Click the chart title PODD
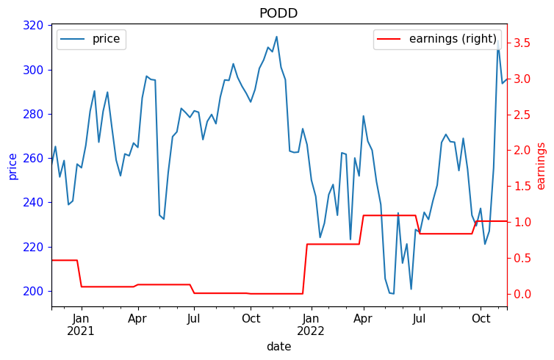pyautogui.click(x=278, y=13)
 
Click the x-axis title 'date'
pyautogui.click(x=278, y=347)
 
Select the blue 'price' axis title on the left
pyautogui.click(x=12, y=166)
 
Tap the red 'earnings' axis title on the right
pyautogui.click(x=542, y=166)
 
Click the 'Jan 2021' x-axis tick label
pyautogui.click(x=82, y=325)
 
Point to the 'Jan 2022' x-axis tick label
pyautogui.click(x=312, y=325)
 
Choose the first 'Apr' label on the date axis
pyautogui.click(x=137, y=319)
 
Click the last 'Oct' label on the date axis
pyautogui.click(x=481, y=319)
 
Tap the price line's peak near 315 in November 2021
pyautogui.click(x=276, y=37)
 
